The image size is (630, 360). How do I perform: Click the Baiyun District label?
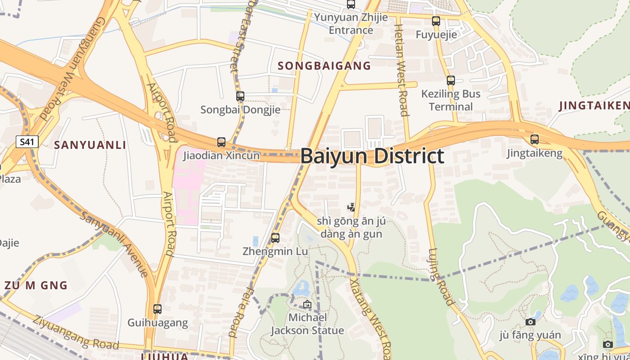(x=372, y=156)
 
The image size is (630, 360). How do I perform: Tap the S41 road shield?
(x=27, y=142)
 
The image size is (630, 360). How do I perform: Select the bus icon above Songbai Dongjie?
(x=240, y=96)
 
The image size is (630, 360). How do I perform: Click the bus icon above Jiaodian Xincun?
(x=221, y=142)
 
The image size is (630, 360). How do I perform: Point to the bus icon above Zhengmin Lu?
(x=275, y=238)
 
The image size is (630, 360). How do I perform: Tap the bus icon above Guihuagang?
(x=157, y=309)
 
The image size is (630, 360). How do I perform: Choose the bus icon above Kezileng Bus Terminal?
(x=450, y=81)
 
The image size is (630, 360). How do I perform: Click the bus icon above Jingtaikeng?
(x=534, y=139)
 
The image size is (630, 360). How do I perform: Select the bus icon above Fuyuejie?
(x=436, y=21)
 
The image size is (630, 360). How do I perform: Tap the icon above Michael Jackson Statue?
(x=307, y=304)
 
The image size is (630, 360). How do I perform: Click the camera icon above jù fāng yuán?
(x=531, y=322)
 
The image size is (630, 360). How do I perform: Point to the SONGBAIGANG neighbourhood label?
(x=324, y=66)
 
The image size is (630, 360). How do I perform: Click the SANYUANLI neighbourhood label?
(x=90, y=145)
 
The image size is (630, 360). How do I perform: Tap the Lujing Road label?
(x=441, y=277)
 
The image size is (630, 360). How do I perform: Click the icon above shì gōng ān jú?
(x=351, y=207)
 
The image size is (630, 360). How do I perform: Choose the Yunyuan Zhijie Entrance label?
(x=351, y=24)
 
